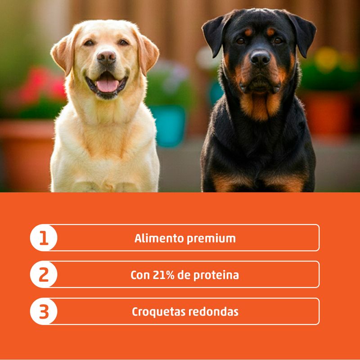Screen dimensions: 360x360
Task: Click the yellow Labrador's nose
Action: pyautogui.click(x=106, y=57)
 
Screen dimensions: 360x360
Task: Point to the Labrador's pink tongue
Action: pyautogui.click(x=107, y=85)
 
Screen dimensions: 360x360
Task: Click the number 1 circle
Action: pyautogui.click(x=44, y=238)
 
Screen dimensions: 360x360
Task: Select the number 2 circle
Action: pyautogui.click(x=44, y=274)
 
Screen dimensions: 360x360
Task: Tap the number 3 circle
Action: pyautogui.click(x=44, y=311)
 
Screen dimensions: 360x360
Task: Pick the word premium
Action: pyautogui.click(x=211, y=239)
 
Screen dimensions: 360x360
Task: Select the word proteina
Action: pyautogui.click(x=216, y=275)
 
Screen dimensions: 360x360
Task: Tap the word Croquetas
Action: pyautogui.click(x=158, y=312)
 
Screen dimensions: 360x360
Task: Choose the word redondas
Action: pyautogui.click(x=213, y=312)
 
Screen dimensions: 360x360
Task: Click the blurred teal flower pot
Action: pyautogui.click(x=170, y=126)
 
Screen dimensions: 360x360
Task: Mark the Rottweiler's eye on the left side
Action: pyautogui.click(x=241, y=41)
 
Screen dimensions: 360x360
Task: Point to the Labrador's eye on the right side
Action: pyautogui.click(x=123, y=42)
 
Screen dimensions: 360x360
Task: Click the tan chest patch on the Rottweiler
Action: pyautogui.click(x=261, y=106)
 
